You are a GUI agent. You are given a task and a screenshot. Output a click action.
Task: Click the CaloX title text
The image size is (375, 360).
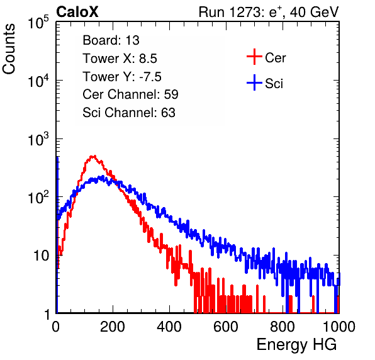pos(77,12)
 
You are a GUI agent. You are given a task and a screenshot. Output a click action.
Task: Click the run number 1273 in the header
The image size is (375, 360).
pos(244,12)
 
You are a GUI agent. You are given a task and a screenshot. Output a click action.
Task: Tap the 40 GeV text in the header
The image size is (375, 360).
pos(314,12)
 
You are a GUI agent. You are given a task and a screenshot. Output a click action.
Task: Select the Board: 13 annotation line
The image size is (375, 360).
pos(111,40)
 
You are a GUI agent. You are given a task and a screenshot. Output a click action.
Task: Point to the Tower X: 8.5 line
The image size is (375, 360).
pos(120,59)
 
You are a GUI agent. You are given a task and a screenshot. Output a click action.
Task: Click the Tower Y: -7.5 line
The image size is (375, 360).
pos(122,77)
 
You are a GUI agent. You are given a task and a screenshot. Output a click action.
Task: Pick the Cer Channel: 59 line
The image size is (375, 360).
pos(130,94)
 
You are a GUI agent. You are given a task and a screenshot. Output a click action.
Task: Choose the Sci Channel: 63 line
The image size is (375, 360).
pos(129,113)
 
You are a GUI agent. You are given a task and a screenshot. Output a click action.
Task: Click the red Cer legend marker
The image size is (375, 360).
pos(254,57)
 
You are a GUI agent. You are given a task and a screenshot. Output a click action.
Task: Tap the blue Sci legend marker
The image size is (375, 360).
pos(254,83)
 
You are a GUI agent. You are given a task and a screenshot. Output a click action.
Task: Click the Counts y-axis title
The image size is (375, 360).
pos(9,49)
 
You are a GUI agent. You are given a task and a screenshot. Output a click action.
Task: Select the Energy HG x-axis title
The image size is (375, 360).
pos(296,345)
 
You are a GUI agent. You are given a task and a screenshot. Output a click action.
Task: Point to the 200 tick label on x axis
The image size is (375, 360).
pos(113,327)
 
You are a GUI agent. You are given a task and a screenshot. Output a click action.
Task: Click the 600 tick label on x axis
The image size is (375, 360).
pos(226,327)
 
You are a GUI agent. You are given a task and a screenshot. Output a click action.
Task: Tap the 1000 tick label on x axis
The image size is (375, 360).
pos(339,327)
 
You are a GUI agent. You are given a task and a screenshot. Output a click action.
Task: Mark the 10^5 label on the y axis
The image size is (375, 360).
pos(38,22)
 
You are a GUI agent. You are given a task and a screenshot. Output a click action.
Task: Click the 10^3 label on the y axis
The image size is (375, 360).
pos(38,139)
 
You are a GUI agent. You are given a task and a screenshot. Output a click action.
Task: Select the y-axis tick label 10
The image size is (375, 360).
pos(41,256)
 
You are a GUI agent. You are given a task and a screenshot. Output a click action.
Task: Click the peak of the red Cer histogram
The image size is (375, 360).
pos(94,157)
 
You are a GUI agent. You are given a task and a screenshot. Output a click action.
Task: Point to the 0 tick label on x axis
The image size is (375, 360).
pos(56,327)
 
